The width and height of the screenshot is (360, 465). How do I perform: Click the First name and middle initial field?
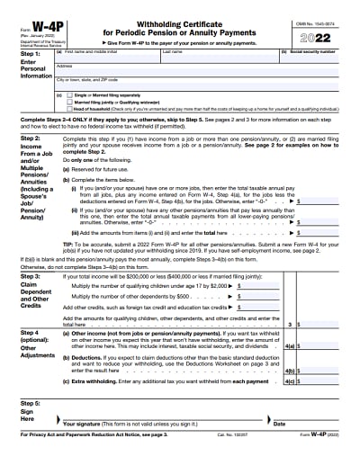pyautogui.click(x=108, y=58)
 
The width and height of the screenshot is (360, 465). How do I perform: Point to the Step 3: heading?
pyautogui.click(x=18, y=276)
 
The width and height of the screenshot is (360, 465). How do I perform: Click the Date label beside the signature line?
pyautogui.click(x=279, y=424)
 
